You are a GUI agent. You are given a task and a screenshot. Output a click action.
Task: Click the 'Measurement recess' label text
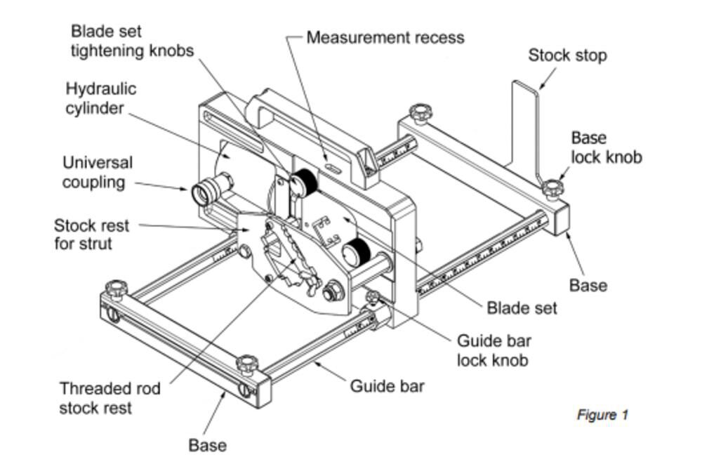385,37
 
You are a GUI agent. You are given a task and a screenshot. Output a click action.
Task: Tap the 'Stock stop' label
567,55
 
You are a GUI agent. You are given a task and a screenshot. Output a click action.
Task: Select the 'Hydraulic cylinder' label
101,98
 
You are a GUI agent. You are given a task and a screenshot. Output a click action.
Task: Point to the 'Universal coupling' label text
97,172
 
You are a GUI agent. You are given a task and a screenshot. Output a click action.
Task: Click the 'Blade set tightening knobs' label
132,41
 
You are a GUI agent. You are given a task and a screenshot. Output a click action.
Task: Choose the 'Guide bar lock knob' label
494,350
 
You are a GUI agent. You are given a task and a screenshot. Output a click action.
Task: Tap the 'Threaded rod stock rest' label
110,398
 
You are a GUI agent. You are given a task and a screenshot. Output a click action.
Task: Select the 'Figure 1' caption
602,415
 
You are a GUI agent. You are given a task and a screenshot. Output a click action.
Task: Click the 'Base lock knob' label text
606,147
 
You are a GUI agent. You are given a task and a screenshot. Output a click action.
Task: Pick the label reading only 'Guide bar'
388,385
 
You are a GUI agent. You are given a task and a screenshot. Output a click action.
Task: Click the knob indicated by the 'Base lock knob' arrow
553,187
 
